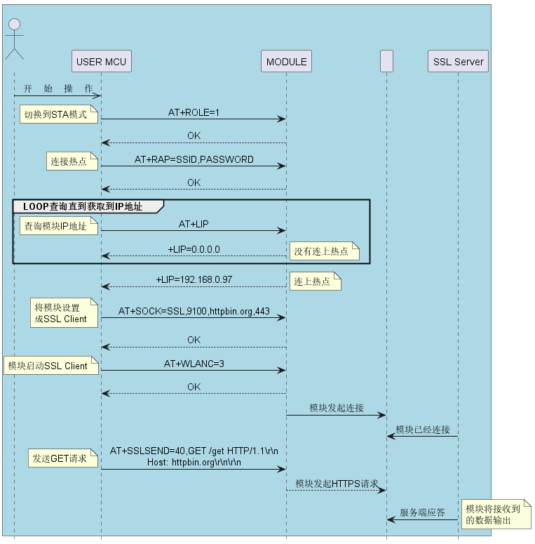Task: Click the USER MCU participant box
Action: (102, 61)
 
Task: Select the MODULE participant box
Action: (286, 61)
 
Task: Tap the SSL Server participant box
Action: (458, 61)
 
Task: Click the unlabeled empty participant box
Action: (386, 61)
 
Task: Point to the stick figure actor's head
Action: (14, 25)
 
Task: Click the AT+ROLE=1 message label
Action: (194, 112)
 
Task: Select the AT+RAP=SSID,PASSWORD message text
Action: (194, 159)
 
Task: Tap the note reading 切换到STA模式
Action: (59, 114)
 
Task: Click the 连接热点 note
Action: (72, 161)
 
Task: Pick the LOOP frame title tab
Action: (88, 206)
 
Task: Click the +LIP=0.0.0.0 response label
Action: (194, 249)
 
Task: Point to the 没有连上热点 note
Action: (325, 251)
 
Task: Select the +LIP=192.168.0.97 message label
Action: (194, 279)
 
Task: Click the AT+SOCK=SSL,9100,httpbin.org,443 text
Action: (194, 311)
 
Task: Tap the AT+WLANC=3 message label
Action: (194, 364)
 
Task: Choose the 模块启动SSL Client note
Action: (51, 365)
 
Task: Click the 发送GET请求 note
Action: (63, 458)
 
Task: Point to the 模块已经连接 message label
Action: (423, 430)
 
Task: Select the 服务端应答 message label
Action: (422, 512)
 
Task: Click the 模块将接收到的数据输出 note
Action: (496, 514)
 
